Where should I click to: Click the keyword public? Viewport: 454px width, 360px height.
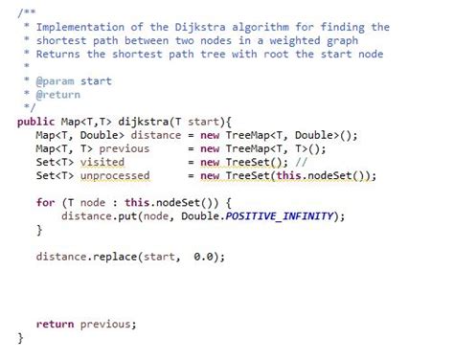(x=37, y=122)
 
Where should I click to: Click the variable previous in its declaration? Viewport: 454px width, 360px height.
(x=125, y=148)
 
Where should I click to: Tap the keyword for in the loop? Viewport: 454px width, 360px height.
(x=45, y=203)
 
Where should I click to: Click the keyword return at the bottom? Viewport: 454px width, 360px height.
(x=55, y=324)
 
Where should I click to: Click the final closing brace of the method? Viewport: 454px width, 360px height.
(x=20, y=337)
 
